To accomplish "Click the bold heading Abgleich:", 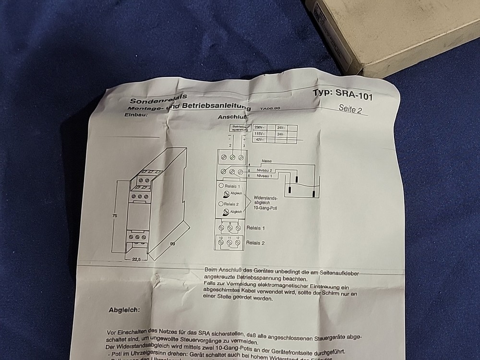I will point(124,310).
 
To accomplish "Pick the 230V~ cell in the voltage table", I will point(259,128).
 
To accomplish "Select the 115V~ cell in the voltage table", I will point(259,134).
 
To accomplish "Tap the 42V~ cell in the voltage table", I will point(259,140).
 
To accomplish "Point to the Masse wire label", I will point(267,161).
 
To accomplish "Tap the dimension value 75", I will point(115,216).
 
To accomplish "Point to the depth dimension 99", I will point(172,244).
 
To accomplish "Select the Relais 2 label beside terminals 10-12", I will point(255,243).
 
